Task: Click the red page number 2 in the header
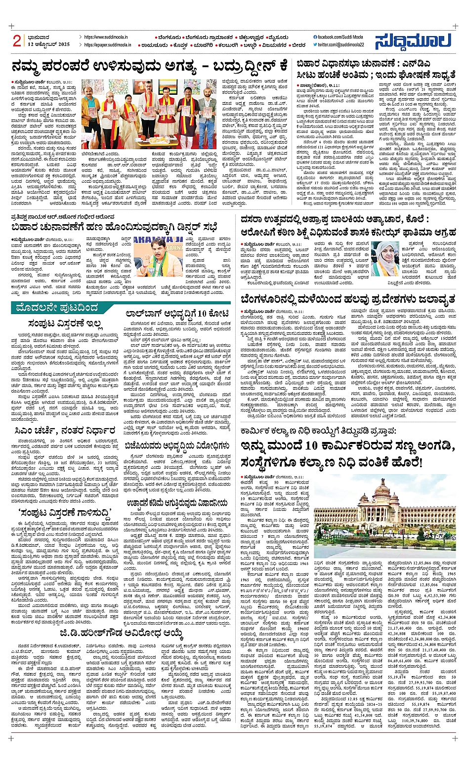pos(17,41)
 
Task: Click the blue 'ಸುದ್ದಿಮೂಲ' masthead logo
pos(413,41)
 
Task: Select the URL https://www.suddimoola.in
pos(106,37)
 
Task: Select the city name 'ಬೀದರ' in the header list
pos(298,44)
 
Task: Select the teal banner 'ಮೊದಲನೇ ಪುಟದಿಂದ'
pos(57,308)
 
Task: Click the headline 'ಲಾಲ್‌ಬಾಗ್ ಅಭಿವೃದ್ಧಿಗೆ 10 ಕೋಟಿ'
pos(177,314)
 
